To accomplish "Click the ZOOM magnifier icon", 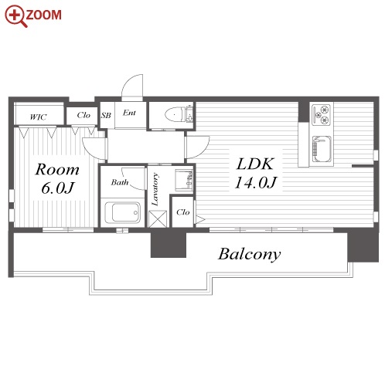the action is (x=15, y=15).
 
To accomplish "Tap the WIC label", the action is (x=38, y=117).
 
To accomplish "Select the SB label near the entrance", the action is (x=106, y=115).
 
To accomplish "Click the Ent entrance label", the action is (x=129, y=113).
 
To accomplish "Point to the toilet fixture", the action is (x=179, y=114).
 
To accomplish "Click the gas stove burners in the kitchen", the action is (x=321, y=114).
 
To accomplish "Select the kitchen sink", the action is (x=322, y=149).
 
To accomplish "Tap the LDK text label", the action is (x=255, y=164).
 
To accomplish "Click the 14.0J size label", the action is (x=255, y=183).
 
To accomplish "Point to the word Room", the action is (x=57, y=170).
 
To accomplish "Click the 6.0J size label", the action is (x=57, y=188).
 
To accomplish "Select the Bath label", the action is (x=120, y=182).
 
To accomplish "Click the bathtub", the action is (x=123, y=212).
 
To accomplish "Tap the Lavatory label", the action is (x=155, y=190).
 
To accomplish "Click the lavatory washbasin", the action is (x=184, y=180).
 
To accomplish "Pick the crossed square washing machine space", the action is (x=158, y=219).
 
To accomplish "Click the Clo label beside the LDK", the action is (x=183, y=212).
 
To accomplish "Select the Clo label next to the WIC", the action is (x=83, y=115).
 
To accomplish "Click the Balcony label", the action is (x=250, y=254).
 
